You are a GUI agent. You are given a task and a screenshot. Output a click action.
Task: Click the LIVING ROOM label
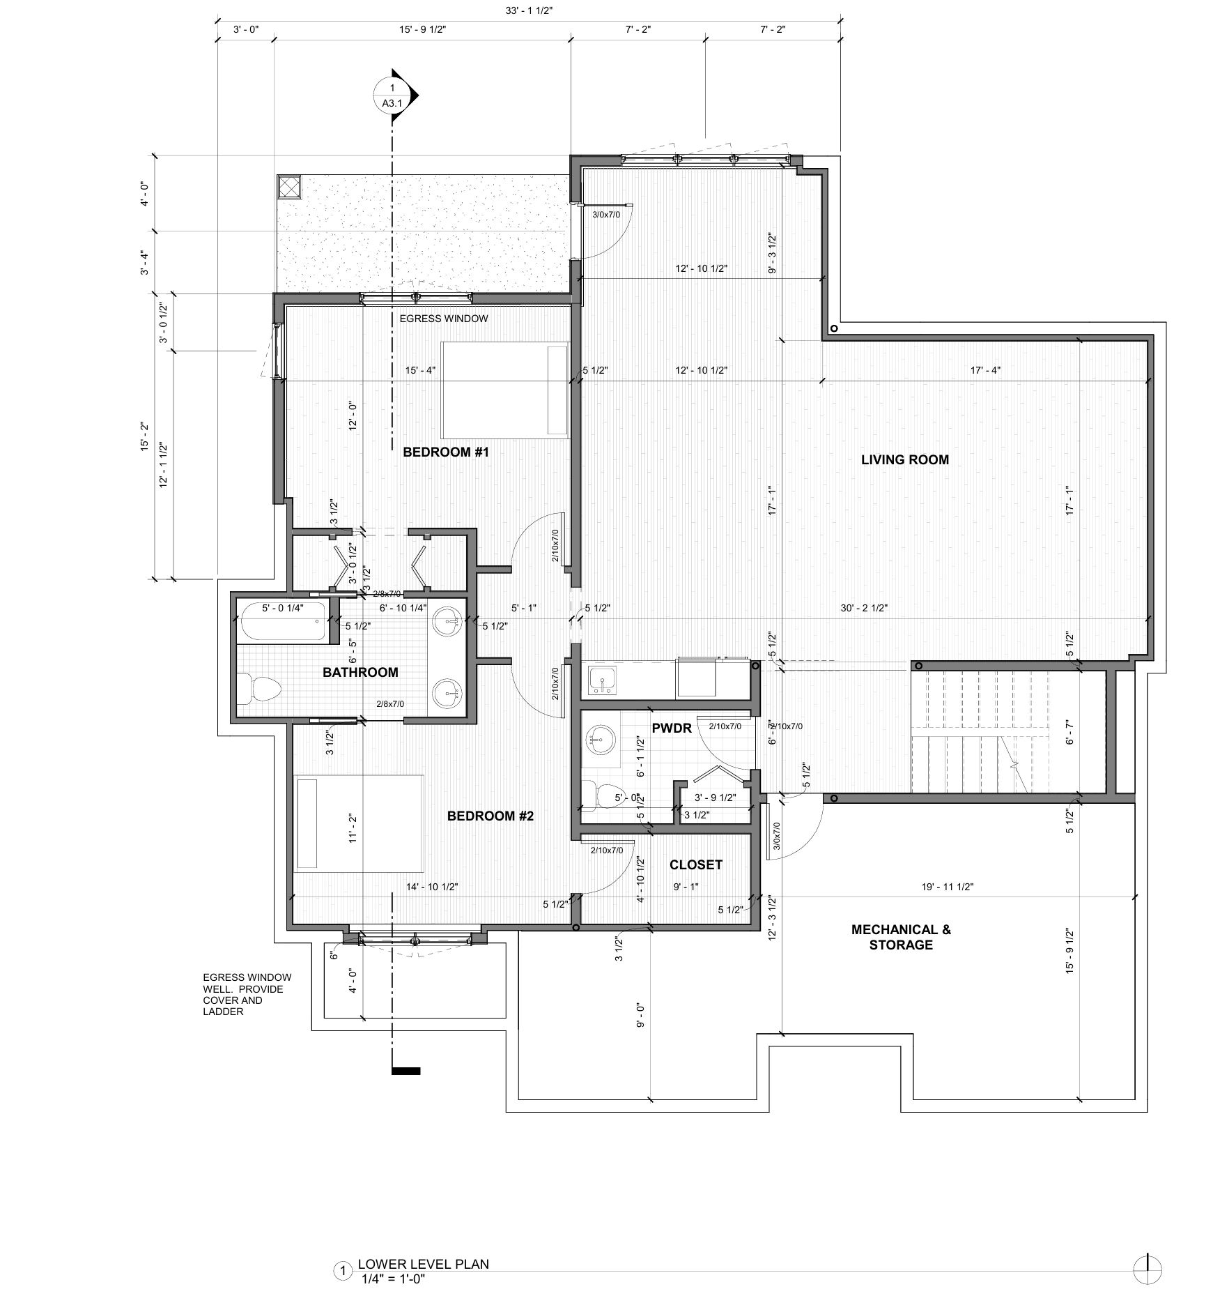(x=904, y=459)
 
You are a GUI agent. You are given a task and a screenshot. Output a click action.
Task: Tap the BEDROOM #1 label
(x=446, y=452)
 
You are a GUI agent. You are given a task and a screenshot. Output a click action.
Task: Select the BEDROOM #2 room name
(x=490, y=816)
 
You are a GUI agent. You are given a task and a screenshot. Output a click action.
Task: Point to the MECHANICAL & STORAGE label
(x=900, y=937)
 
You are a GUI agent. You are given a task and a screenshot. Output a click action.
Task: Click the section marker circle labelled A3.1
(x=392, y=96)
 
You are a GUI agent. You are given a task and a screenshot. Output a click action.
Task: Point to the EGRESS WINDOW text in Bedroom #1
(x=443, y=319)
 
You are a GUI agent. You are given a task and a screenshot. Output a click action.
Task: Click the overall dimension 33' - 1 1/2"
(x=529, y=10)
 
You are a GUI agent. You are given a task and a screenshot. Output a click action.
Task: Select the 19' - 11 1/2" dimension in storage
(x=947, y=887)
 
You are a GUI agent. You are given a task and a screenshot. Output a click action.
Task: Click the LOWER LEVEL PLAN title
(x=423, y=1264)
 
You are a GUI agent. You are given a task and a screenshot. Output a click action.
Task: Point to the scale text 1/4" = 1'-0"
(x=393, y=1279)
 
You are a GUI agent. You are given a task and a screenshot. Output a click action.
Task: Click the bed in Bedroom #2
(x=360, y=823)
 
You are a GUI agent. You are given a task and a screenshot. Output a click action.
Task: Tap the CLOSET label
(x=695, y=864)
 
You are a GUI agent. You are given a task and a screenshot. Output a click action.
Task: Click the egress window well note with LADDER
(x=242, y=994)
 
